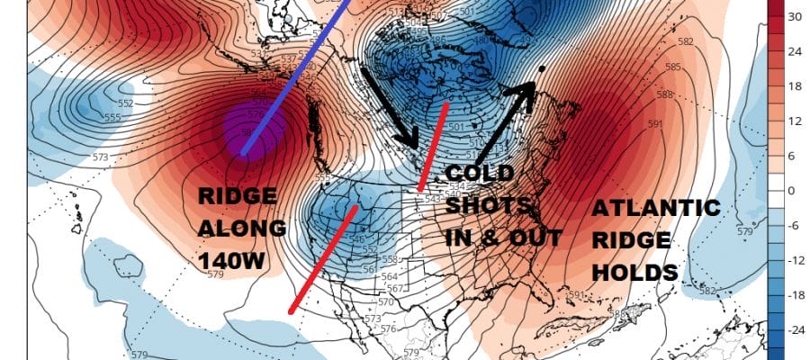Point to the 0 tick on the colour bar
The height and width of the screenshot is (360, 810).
(x=792, y=191)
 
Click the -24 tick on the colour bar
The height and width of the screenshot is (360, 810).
(x=795, y=330)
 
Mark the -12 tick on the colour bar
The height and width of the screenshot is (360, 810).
(x=795, y=261)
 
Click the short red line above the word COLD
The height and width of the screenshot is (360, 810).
(x=434, y=144)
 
